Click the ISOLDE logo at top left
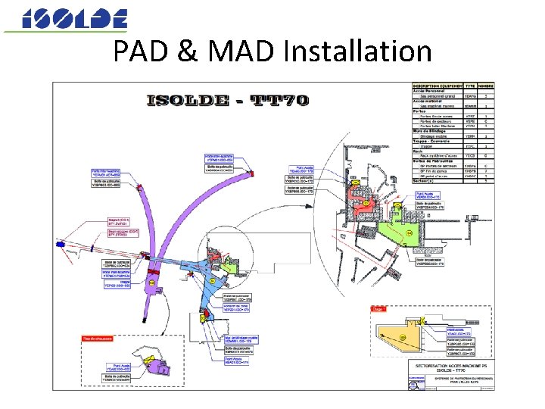[74, 19]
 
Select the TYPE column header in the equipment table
[470, 86]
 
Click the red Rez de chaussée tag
[98, 338]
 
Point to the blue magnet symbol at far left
[58, 244]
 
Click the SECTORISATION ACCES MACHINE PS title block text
[451, 367]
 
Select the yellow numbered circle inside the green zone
[409, 233]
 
